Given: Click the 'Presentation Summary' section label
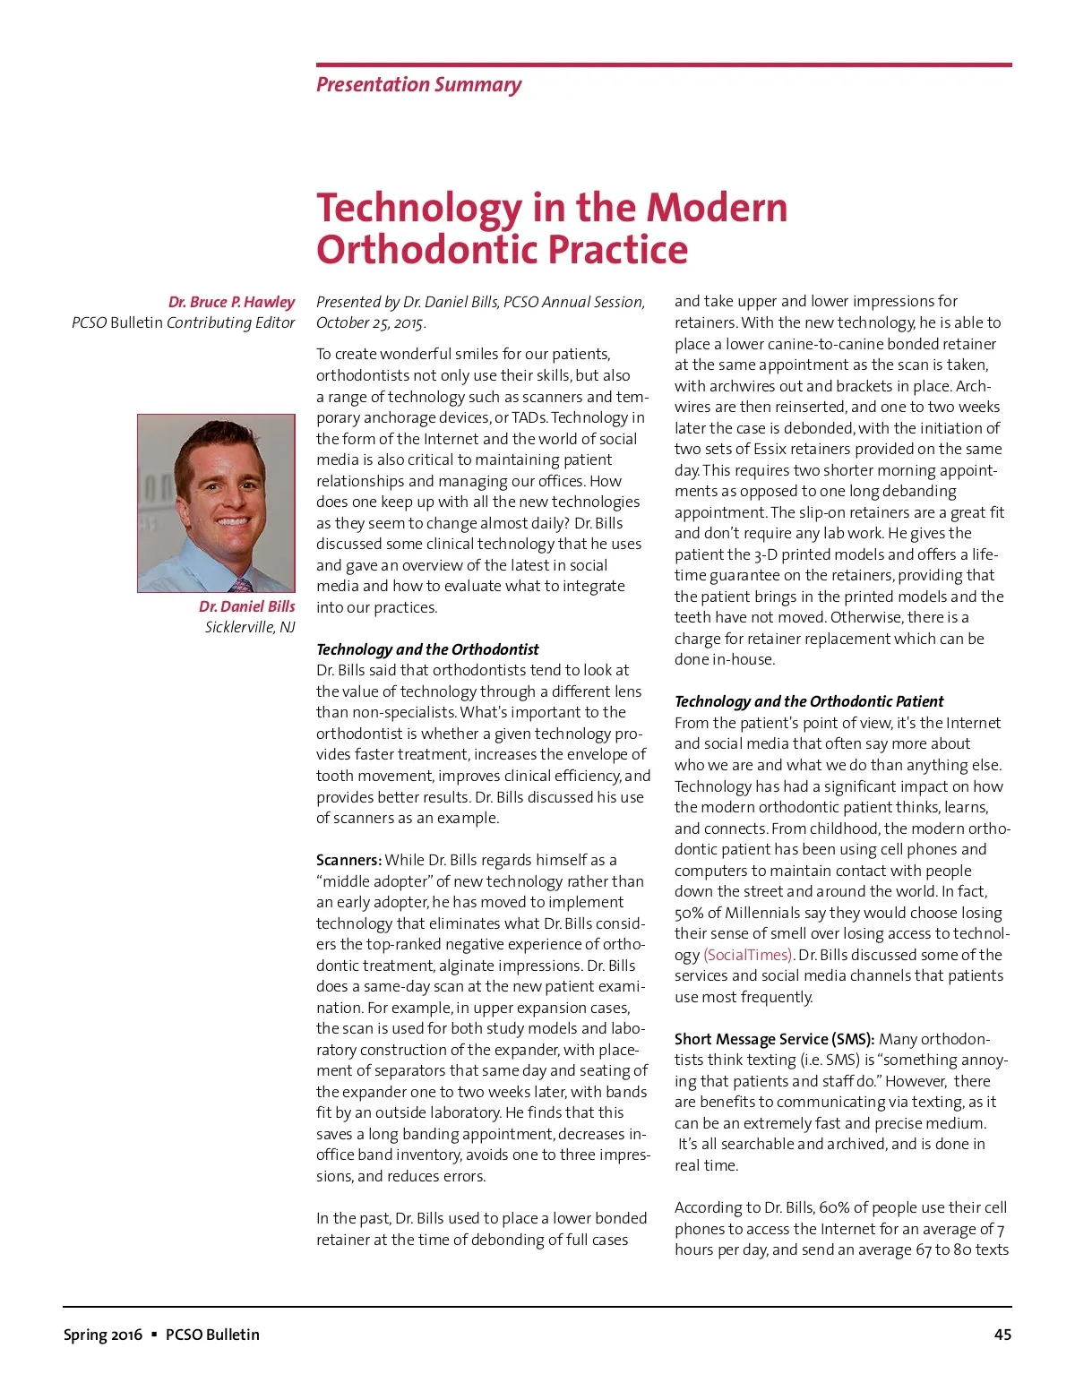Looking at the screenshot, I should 418,85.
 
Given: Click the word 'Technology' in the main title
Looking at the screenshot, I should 419,208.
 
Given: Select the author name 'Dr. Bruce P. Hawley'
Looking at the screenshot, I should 231,302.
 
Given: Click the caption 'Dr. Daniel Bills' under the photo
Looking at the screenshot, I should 246,606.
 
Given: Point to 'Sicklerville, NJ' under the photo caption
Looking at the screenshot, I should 250,627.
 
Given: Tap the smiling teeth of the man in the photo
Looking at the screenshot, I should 233,521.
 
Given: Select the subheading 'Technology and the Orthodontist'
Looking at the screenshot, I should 427,649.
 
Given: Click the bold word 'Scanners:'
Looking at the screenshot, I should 348,860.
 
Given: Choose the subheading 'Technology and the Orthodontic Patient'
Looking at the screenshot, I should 809,701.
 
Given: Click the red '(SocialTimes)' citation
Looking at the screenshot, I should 748,955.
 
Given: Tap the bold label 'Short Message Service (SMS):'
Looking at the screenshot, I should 774,1039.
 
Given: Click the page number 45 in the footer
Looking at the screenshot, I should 1002,1335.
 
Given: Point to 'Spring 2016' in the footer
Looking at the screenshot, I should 102,1335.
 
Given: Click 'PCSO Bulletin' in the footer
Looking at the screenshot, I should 212,1335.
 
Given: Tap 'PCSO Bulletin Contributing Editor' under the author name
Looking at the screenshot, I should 183,322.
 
